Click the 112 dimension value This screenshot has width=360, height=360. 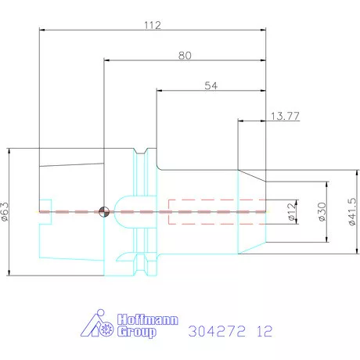153,25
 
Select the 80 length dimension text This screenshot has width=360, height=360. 185,56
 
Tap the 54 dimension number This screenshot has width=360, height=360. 211,85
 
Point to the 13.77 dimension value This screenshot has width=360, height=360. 285,116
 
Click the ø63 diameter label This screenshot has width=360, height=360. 5,211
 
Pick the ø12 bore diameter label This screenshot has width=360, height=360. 292,211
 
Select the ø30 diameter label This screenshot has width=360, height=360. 322,211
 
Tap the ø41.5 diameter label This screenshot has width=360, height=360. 352,211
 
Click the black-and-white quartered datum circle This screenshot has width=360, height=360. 104,211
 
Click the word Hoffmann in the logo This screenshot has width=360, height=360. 148,319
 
